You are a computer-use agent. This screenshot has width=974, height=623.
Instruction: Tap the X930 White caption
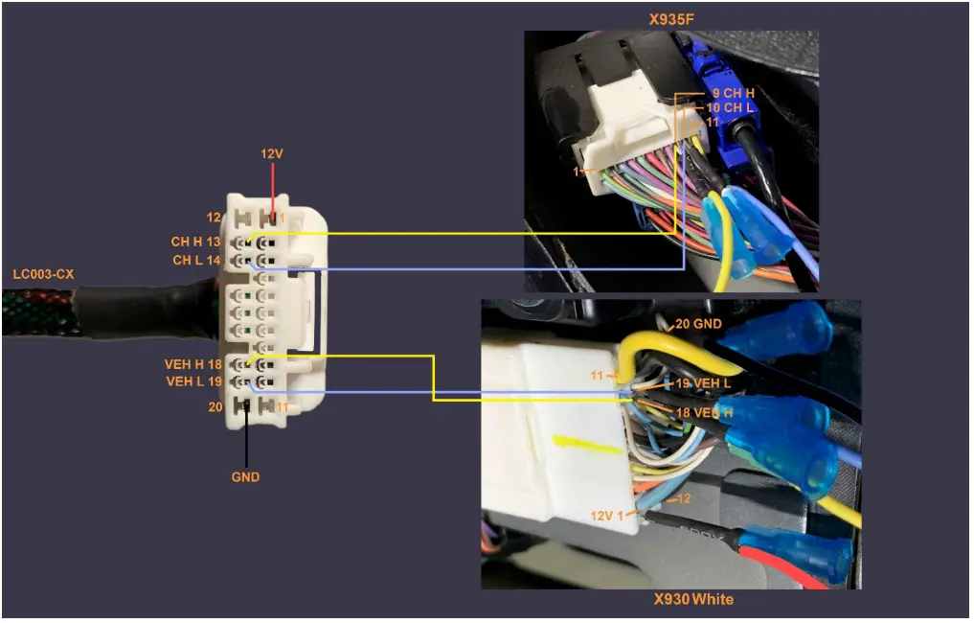tap(694, 599)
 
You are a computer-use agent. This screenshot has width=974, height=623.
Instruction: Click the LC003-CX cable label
tap(43, 274)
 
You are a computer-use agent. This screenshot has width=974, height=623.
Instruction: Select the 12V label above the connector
tap(272, 153)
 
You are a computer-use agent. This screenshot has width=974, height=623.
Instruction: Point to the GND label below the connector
tap(245, 476)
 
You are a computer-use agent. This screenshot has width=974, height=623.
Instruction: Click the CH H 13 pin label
tap(196, 242)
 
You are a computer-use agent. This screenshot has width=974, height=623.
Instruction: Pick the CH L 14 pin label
tap(196, 260)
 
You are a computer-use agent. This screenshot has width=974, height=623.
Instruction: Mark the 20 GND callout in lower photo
tap(697, 325)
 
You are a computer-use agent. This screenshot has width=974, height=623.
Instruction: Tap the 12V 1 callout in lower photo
tap(606, 515)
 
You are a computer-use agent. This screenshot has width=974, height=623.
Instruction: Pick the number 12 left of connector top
tap(214, 218)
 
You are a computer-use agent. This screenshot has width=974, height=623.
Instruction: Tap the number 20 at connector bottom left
tap(215, 406)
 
